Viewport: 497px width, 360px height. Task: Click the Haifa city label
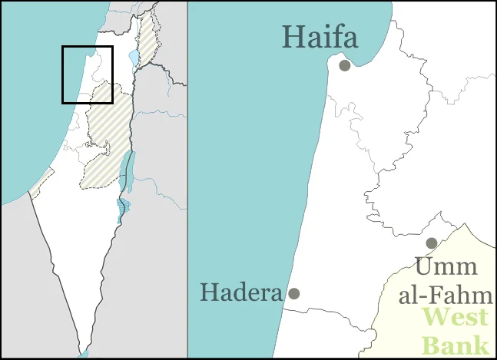320,37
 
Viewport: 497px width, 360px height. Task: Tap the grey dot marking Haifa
345,65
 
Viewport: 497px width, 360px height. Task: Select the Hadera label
240,292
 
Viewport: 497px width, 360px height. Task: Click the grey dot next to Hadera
293,293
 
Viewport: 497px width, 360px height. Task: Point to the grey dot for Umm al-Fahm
432,243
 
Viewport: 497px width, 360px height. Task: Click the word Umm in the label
446,268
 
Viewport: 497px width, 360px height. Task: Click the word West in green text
456,317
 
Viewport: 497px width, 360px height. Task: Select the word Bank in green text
456,342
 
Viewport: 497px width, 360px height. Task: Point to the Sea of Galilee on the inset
134,58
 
